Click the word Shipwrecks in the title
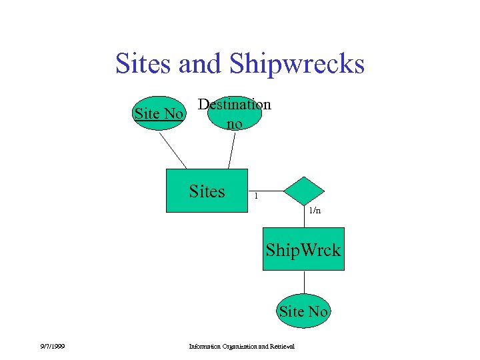point(297,64)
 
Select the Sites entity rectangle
point(206,191)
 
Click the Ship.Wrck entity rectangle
point(303,249)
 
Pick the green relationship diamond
point(303,191)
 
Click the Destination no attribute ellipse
point(235,114)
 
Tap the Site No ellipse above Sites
point(159,113)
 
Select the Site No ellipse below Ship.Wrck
point(303,311)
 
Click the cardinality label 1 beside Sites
point(255,196)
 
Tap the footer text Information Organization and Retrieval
point(241,345)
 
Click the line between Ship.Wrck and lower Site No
point(303,283)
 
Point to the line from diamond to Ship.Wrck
point(304,217)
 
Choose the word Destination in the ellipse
point(235,105)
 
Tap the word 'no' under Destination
point(234,123)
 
